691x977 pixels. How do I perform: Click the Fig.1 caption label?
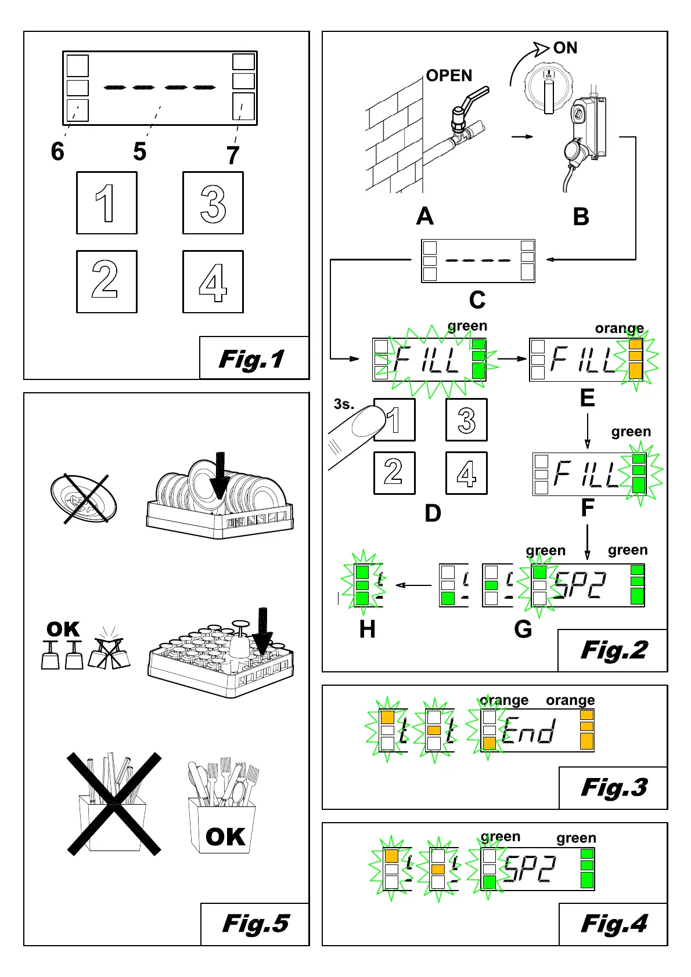tap(251, 359)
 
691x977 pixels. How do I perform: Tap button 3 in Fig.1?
tap(213, 203)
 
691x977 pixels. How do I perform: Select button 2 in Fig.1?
tap(107, 282)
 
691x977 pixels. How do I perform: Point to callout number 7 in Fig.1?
tap(233, 155)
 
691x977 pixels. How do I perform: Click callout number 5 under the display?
tap(140, 151)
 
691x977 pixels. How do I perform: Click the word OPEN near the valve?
tap(449, 76)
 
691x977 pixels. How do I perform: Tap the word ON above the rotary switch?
tap(565, 48)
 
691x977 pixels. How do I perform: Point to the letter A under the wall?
tap(424, 216)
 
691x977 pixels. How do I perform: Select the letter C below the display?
tap(477, 300)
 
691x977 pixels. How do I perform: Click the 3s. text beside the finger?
tap(344, 404)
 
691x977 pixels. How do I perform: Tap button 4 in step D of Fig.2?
tap(466, 473)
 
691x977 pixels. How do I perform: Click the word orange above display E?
tap(619, 328)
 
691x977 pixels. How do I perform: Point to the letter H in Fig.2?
tap(367, 629)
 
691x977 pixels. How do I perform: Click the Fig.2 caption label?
tap(614, 650)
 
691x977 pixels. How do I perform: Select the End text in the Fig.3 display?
tap(528, 730)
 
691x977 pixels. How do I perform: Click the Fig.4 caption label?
tap(614, 924)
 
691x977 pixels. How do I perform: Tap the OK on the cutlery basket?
tap(225, 837)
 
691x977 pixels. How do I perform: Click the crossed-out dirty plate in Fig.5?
tap(84, 498)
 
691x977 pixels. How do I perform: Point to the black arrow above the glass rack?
tap(262, 631)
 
